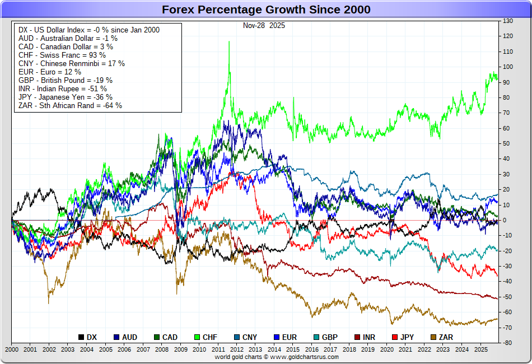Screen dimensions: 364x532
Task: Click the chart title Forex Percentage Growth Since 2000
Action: pos(266,10)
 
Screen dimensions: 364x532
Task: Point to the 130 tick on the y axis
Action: pos(508,21)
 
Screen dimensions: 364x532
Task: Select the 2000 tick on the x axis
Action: pos(11,349)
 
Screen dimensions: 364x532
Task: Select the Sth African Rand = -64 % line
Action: pos(70,105)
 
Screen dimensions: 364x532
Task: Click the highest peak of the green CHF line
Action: pos(228,41)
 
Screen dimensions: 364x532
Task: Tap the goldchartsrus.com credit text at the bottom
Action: pos(266,357)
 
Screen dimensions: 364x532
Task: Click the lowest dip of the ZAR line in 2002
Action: pos(48,303)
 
